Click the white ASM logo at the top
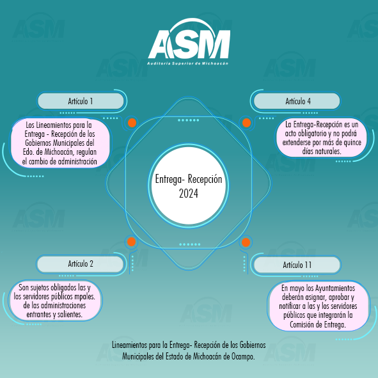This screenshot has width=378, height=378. coord(189,41)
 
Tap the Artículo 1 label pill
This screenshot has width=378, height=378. coord(81,101)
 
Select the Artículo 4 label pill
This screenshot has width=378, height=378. coord(297,101)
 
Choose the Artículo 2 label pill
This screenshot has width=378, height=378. coord(80,264)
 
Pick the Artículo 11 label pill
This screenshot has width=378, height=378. coord(297,265)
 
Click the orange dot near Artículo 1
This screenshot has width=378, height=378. coord(132,123)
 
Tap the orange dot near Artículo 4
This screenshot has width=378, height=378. coord(246,123)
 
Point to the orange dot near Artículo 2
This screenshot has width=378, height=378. coord(131,242)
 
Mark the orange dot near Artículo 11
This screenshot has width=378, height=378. coord(246,242)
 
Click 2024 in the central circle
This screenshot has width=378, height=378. coord(189,193)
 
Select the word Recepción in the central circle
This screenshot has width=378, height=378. coord(205,179)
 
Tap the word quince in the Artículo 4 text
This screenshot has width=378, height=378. coord(352,142)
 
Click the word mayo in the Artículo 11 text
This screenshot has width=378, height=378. coord(297,288)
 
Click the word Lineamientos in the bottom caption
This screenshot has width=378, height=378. coord(129,345)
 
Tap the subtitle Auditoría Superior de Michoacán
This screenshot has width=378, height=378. coord(187,63)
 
